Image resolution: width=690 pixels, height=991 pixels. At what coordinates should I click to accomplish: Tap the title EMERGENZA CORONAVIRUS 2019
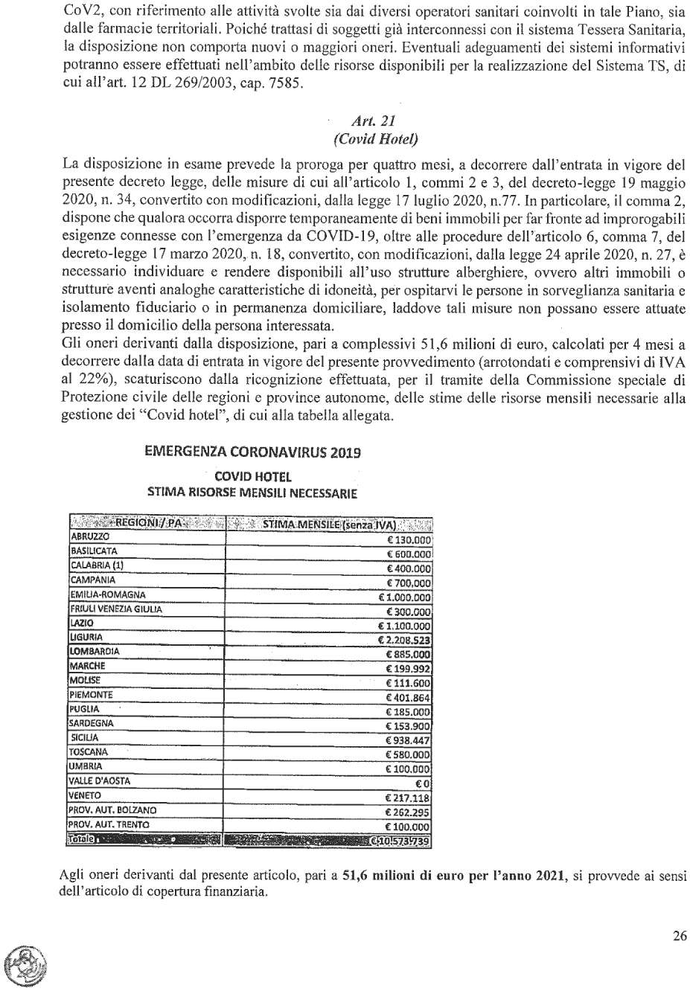(253, 452)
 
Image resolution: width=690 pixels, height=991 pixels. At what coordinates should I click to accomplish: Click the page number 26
(680, 936)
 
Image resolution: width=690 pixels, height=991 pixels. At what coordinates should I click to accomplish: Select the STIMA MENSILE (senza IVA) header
(329, 524)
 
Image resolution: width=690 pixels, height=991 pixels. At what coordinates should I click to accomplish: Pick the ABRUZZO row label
(89, 537)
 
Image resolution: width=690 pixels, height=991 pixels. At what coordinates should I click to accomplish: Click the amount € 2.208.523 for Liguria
(404, 641)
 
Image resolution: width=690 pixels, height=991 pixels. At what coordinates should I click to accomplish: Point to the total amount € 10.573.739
(400, 841)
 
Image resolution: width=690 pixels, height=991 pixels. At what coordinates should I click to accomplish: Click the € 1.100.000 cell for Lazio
(404, 626)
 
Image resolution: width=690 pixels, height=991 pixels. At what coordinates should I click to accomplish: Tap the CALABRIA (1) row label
(97, 565)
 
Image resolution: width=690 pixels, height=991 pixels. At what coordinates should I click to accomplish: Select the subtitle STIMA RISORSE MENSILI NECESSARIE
(252, 493)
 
